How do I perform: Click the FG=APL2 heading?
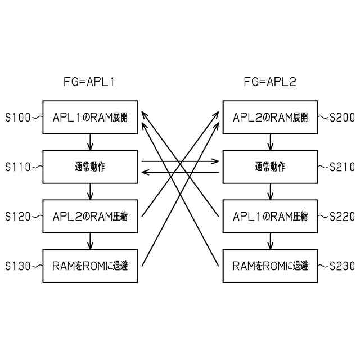click(270, 82)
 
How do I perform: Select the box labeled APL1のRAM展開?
click(90, 118)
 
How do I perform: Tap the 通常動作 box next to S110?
click(90, 166)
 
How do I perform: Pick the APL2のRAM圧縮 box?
click(90, 216)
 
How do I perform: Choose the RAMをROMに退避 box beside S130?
click(90, 265)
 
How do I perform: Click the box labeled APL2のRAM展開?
click(270, 118)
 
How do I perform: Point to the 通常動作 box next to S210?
click(270, 166)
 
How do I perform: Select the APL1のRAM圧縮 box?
click(270, 216)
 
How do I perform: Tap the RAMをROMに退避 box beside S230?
click(270, 265)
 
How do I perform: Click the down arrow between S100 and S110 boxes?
click(90, 142)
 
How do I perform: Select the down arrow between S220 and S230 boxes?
click(270, 240)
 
